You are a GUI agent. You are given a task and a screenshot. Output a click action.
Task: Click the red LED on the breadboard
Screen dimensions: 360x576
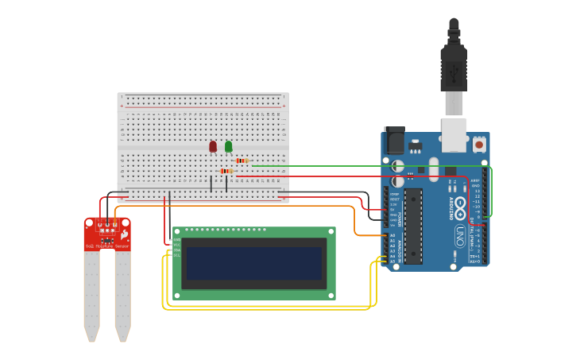pyautogui.click(x=213, y=146)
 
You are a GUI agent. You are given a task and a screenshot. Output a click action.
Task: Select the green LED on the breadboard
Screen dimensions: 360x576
pyautogui.click(x=229, y=146)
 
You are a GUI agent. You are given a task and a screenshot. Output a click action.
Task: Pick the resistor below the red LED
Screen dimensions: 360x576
pyautogui.click(x=226, y=171)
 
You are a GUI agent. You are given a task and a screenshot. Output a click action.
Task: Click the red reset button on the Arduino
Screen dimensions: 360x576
pyautogui.click(x=479, y=146)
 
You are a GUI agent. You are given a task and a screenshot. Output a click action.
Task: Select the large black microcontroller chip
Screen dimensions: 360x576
pyautogui.click(x=412, y=226)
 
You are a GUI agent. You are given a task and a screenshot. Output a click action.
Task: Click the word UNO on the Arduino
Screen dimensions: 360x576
pyautogui.click(x=459, y=236)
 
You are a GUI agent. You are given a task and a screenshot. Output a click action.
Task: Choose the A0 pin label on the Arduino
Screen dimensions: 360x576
pyautogui.click(x=392, y=235)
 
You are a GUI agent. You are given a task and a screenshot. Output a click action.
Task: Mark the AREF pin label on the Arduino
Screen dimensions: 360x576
pyautogui.click(x=476, y=180)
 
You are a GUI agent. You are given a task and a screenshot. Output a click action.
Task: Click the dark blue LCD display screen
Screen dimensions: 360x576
pyautogui.click(x=253, y=263)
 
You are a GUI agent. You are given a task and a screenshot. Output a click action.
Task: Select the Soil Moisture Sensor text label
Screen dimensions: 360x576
pyautogui.click(x=107, y=246)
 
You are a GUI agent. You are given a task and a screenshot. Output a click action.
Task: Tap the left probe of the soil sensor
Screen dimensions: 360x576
pyautogui.click(x=92, y=294)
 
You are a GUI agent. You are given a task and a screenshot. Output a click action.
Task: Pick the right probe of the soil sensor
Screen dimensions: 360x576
pyautogui.click(x=122, y=294)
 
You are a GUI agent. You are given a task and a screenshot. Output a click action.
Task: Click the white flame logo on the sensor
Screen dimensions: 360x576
pyautogui.click(x=124, y=235)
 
